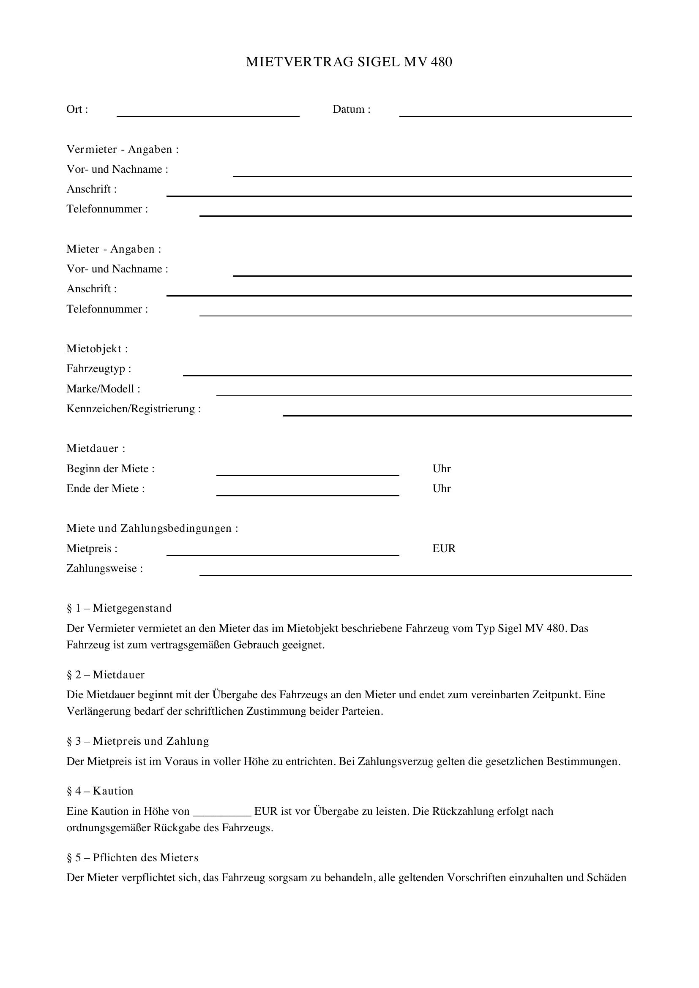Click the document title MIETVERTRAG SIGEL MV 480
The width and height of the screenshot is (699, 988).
[x=349, y=63]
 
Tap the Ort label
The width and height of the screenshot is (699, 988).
[x=77, y=109]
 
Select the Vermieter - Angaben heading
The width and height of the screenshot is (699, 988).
[x=122, y=149]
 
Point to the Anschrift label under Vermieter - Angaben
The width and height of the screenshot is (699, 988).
[x=91, y=189]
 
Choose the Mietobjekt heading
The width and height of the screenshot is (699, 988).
[x=97, y=348]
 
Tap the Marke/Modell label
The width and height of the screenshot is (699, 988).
[x=103, y=389]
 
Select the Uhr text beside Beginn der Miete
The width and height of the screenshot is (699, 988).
[x=442, y=468]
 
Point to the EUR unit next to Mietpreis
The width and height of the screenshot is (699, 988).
[x=444, y=549]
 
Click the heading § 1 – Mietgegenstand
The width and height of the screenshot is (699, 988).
[x=119, y=608]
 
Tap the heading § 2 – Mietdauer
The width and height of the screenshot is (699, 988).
[x=106, y=675]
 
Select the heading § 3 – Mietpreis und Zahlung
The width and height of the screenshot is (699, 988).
[x=138, y=741]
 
